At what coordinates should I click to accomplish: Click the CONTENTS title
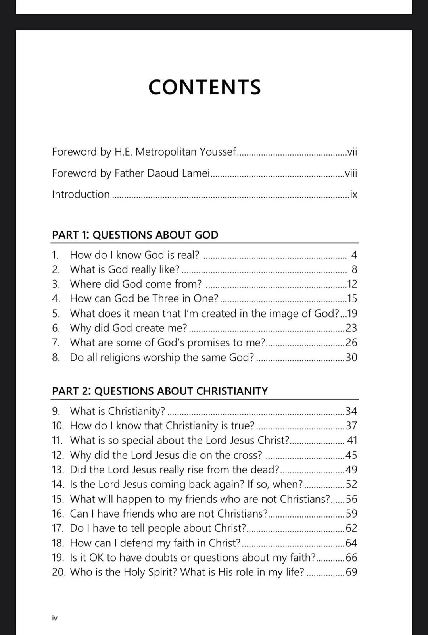(x=205, y=87)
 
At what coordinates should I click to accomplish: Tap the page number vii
(x=352, y=152)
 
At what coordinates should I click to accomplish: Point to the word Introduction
(x=81, y=194)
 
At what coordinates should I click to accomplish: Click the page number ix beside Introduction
(x=353, y=194)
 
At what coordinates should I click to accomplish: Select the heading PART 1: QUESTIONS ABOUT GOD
(x=135, y=235)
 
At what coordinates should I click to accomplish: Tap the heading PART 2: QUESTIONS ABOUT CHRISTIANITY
(x=160, y=391)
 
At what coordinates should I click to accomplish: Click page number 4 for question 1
(x=354, y=255)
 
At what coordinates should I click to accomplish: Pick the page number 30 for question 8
(x=351, y=358)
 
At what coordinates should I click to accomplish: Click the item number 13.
(x=58, y=470)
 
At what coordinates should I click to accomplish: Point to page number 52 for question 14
(x=351, y=485)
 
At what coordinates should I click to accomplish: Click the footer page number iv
(x=55, y=618)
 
